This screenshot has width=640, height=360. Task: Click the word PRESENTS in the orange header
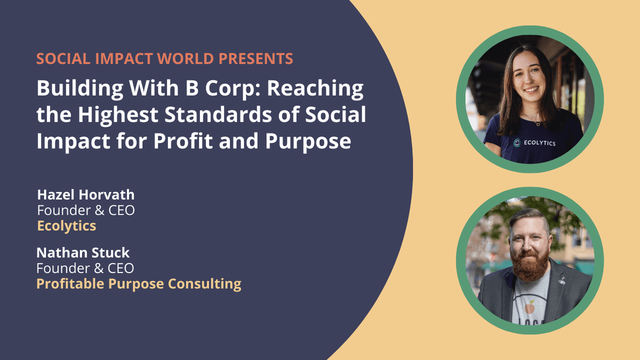pos(255,59)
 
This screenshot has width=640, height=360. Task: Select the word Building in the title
pos(79,89)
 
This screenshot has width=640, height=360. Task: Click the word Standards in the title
pos(218,115)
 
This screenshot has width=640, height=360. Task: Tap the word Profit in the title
pos(183,140)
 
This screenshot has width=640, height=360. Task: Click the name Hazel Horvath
pos(86,195)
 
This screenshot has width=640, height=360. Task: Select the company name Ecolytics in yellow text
pos(67,226)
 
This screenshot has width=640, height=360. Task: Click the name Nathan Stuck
pos(83,253)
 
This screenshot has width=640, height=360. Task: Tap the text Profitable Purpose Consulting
pos(139,284)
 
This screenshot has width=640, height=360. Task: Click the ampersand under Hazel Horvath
pos(99,211)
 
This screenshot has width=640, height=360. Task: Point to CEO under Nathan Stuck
pos(121,268)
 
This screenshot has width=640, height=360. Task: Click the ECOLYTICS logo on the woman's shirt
pos(534,142)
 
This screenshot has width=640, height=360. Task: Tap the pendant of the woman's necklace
pos(538,124)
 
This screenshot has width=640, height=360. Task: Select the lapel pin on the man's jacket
pos(562,282)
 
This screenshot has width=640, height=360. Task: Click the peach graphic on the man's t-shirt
pos(530,308)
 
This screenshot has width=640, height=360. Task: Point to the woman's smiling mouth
pos(532,90)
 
